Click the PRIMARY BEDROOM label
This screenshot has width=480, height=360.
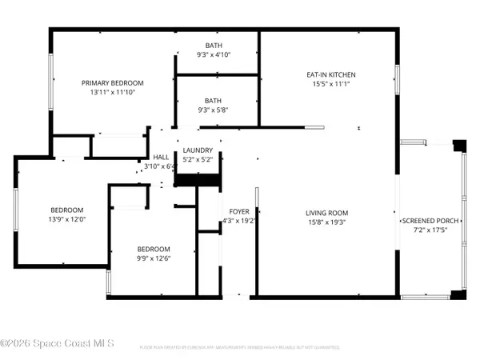pyautogui.click(x=111, y=83)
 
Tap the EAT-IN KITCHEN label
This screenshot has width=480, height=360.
pyautogui.click(x=332, y=74)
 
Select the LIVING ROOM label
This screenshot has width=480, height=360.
pyautogui.click(x=327, y=213)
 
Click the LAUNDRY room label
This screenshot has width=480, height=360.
pyautogui.click(x=197, y=150)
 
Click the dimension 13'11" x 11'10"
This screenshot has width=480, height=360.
pyautogui.click(x=111, y=93)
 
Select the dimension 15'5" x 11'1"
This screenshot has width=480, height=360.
pyautogui.click(x=332, y=84)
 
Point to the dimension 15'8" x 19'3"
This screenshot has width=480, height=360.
pyautogui.click(x=327, y=222)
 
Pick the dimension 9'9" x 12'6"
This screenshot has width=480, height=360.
pyautogui.click(x=153, y=258)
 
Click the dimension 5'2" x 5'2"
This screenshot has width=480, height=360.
pyautogui.click(x=197, y=160)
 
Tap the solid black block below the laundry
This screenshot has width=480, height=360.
pyautogui.click(x=196, y=180)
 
